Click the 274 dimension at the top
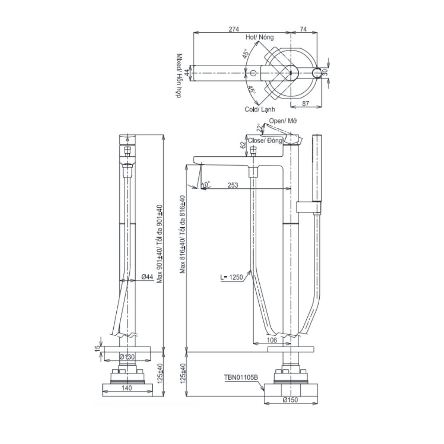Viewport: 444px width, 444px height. pos(234,29)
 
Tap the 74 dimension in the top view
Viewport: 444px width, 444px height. pos(304,29)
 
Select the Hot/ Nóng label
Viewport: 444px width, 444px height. pos(260,38)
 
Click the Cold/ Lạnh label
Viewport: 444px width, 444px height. pos(260,109)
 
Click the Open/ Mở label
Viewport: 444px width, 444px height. pos(283,121)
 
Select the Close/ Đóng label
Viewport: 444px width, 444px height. pos(265,140)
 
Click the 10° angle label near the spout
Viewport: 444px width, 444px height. pos(205,183)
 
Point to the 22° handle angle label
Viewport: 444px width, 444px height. pos(259,128)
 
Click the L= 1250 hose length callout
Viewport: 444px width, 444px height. pos(231,277)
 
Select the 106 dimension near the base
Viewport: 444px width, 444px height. pos(273,340)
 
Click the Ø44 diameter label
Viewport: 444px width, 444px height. pos(147,277)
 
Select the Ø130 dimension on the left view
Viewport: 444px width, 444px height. pos(127,357)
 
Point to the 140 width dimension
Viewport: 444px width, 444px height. pos(127,387)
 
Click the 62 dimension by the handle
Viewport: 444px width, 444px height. pos(242,145)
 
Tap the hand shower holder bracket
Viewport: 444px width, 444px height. pos(308,207)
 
